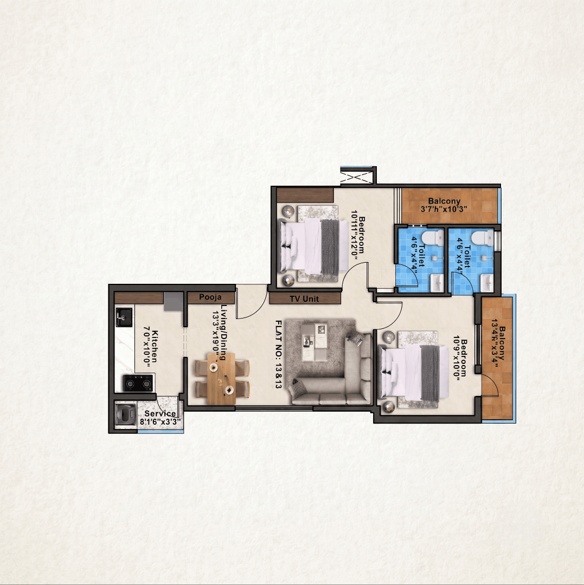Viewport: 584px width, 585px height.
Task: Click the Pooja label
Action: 210,297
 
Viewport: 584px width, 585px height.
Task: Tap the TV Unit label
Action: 304,299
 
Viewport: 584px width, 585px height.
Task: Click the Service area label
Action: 160,413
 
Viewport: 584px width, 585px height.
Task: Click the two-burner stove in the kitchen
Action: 138,382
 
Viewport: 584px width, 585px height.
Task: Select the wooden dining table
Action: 221,378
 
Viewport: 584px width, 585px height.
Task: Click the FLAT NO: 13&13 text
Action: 278,354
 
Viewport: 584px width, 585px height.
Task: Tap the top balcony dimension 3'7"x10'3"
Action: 444,209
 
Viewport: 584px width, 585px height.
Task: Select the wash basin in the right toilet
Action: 487,283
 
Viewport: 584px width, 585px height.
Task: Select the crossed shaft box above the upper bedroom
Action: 357,175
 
